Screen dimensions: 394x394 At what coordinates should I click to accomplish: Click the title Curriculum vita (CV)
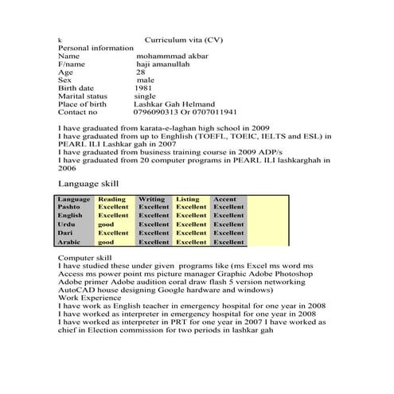(x=184, y=39)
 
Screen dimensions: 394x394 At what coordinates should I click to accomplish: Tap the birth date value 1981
(x=144, y=88)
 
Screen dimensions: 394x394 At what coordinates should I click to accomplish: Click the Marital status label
(x=83, y=96)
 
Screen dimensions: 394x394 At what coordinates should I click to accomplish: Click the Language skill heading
(x=88, y=183)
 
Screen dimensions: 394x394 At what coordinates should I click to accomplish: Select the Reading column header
(x=111, y=199)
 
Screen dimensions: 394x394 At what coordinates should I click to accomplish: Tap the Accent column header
(x=225, y=199)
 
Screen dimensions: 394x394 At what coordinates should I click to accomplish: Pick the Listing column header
(x=188, y=199)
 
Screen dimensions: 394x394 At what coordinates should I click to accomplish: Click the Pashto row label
(x=68, y=206)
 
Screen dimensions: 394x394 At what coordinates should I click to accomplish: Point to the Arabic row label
(x=69, y=242)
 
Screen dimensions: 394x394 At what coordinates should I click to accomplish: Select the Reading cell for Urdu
(x=106, y=224)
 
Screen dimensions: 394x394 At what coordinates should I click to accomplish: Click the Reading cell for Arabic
(x=106, y=242)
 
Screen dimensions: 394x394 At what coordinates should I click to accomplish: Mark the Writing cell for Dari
(x=154, y=233)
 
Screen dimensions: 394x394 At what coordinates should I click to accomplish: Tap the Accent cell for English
(x=228, y=215)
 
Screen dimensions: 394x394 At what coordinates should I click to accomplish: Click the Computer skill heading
(x=84, y=259)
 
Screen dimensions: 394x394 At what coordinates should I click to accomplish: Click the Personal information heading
(x=96, y=48)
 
